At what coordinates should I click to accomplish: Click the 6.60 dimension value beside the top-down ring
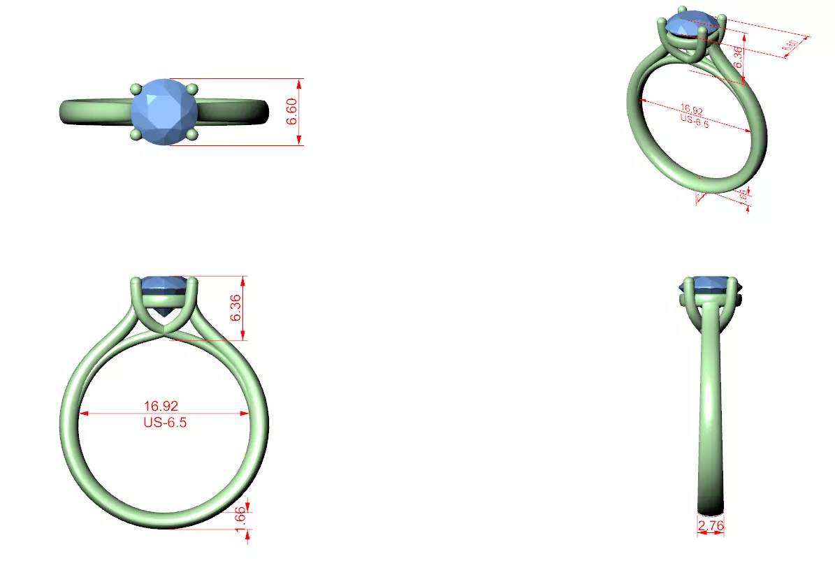click(x=293, y=112)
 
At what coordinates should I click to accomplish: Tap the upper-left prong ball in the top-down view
click(x=136, y=89)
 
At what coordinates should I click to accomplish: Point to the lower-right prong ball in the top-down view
click(x=193, y=133)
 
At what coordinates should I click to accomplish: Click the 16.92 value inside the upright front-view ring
click(x=161, y=405)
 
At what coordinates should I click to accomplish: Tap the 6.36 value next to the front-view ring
click(x=236, y=308)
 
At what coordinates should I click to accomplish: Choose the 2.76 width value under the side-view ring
click(x=711, y=525)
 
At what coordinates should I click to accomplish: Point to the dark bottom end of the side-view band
click(x=710, y=506)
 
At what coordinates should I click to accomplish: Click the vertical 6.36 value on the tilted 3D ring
click(x=738, y=56)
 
